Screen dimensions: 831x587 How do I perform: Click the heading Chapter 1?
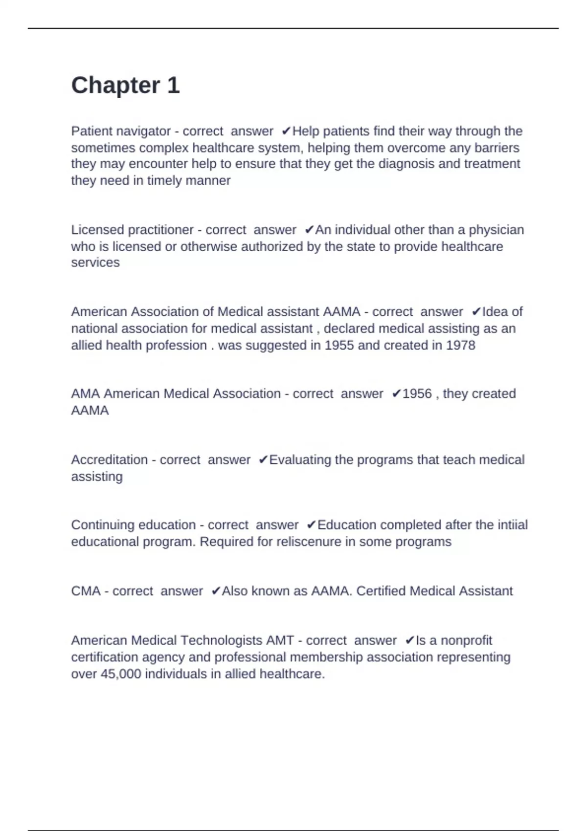125,86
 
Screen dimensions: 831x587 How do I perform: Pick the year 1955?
339,345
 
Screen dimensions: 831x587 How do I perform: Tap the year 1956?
417,394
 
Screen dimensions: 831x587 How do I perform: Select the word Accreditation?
109,460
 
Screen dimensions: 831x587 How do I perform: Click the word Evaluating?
300,460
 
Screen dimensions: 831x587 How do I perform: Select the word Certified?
381,591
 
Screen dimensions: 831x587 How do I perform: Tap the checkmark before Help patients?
287,131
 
